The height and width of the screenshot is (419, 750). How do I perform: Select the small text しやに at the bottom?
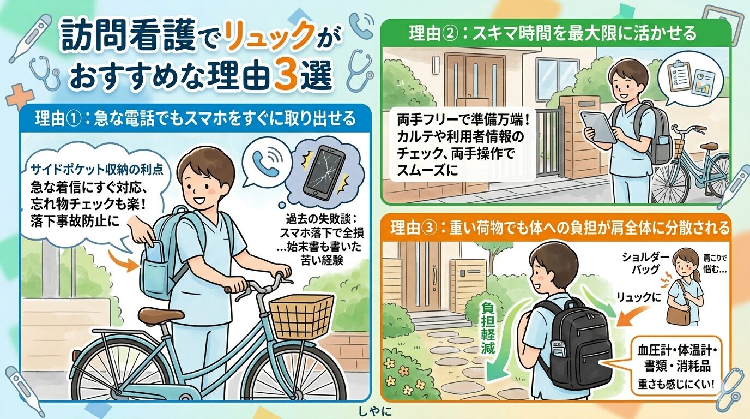coord(374,409)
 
